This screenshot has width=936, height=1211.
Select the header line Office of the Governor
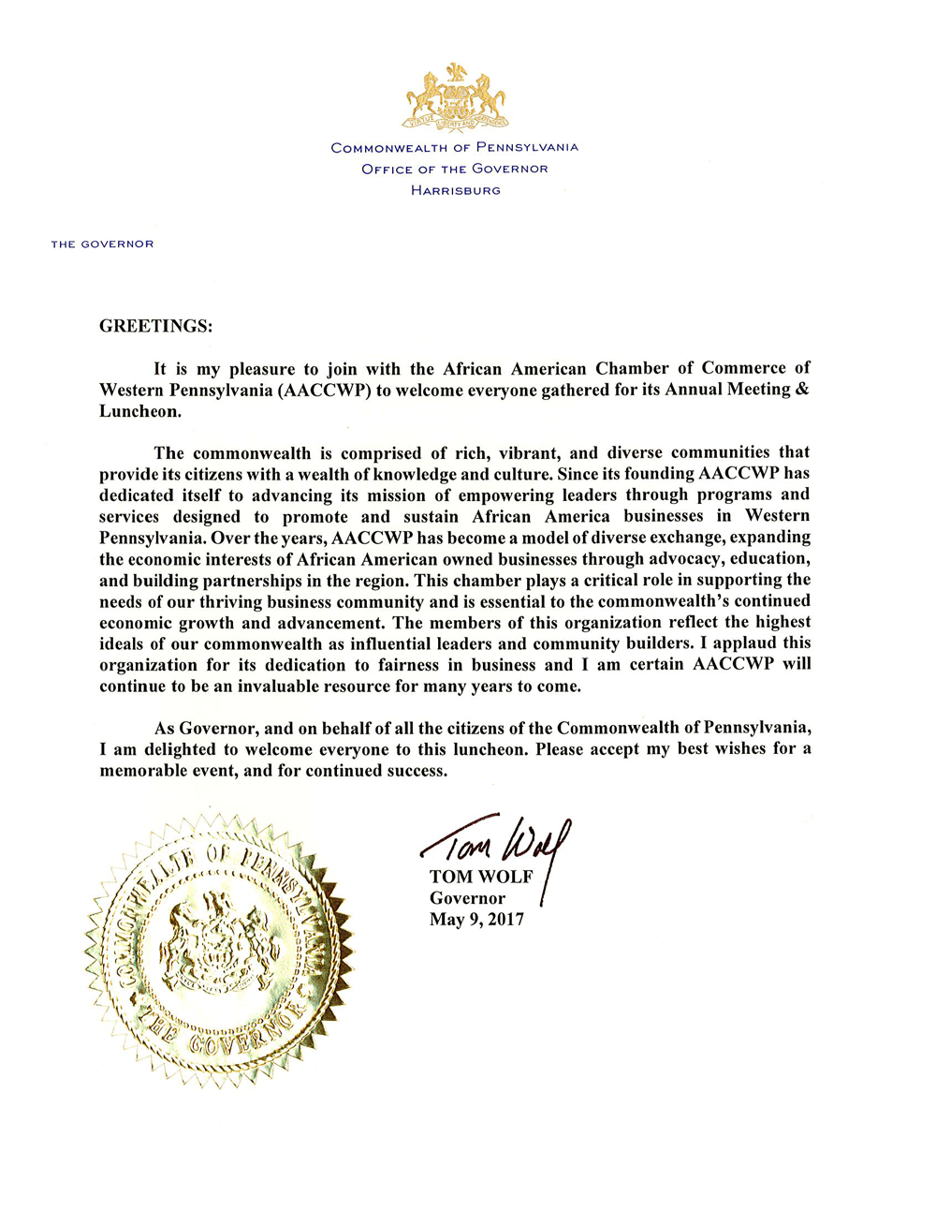455,170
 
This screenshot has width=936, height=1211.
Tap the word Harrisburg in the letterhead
456,191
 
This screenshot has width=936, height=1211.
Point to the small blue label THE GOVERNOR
102,244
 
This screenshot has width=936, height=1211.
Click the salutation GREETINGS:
156,327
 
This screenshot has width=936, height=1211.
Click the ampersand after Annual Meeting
801,390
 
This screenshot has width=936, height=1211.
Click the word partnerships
249,581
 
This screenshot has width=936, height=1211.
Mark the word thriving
230,602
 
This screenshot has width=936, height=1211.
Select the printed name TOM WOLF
481,878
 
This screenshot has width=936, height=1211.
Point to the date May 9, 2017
476,920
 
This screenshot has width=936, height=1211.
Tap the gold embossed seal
219,952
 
